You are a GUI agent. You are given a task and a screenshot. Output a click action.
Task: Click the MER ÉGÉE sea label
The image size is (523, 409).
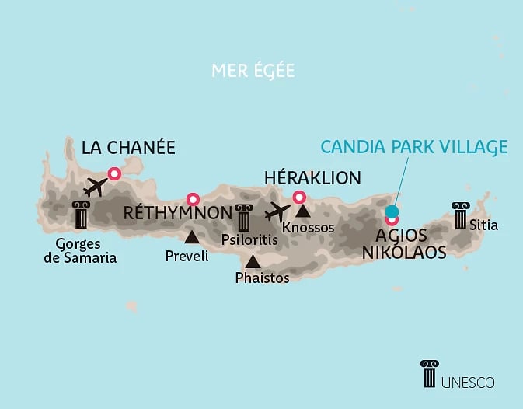(x=253, y=71)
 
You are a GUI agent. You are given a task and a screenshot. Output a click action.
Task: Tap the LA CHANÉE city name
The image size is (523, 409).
(x=128, y=148)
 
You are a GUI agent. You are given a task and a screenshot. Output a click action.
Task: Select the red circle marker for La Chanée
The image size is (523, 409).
(x=115, y=174)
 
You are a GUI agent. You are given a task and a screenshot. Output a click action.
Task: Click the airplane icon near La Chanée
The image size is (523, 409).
(x=95, y=187)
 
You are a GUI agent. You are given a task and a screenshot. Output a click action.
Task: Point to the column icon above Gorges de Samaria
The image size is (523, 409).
(x=80, y=215)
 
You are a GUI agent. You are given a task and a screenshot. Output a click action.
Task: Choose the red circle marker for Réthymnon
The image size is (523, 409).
(x=193, y=198)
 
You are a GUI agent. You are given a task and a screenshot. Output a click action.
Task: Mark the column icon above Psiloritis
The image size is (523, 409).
(x=244, y=217)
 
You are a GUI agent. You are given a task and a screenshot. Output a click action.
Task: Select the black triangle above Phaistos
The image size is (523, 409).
(x=253, y=262)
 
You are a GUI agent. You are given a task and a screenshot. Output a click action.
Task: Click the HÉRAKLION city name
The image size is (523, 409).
(x=312, y=177)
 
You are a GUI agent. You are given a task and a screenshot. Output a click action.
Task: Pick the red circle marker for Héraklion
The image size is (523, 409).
(x=298, y=197)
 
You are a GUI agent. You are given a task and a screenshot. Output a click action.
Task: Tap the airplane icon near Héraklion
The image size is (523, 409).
(x=277, y=211)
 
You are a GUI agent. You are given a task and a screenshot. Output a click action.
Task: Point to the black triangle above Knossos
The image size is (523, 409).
(x=302, y=211)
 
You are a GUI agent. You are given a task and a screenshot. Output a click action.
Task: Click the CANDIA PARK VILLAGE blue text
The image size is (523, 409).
(x=415, y=147)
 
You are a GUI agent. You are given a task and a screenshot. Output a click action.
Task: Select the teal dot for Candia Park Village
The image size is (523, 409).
(x=392, y=211)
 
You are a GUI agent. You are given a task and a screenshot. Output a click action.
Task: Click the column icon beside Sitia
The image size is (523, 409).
(x=461, y=215)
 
